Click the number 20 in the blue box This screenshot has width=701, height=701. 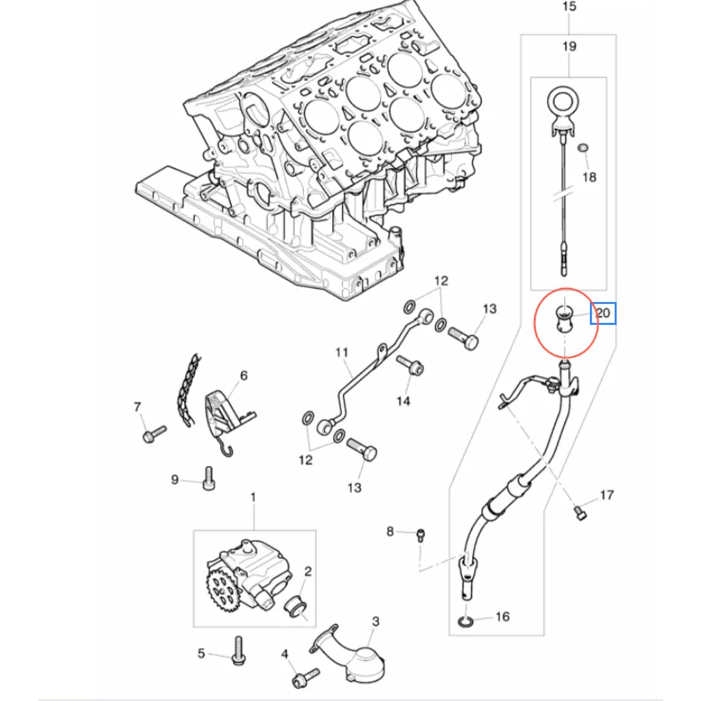click(603, 313)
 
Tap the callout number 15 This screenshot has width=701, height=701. click(569, 7)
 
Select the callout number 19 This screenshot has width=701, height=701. click(569, 46)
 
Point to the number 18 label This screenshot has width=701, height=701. click(590, 177)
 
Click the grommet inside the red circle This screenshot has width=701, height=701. click(564, 319)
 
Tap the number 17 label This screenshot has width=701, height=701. click(606, 495)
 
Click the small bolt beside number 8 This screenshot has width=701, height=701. click(421, 535)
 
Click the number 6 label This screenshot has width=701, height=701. click(244, 376)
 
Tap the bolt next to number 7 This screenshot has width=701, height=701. click(153, 433)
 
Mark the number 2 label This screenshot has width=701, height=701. click(307, 572)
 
